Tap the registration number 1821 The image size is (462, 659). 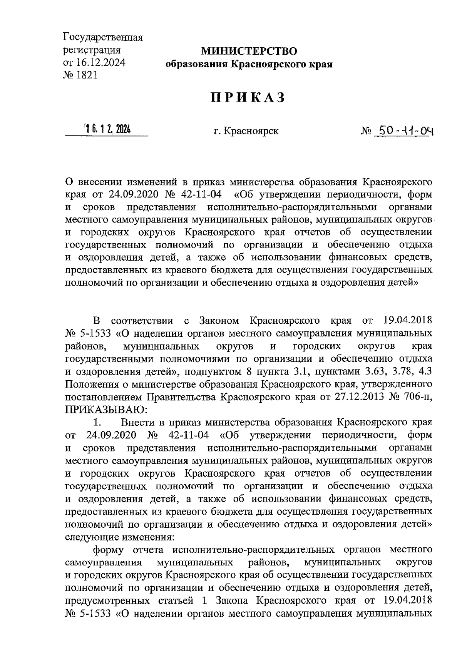pyautogui.click(x=88, y=75)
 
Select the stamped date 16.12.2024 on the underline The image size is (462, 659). pyautogui.click(x=107, y=130)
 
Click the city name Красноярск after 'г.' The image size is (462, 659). pyautogui.click(x=252, y=131)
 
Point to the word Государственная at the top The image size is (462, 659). pyautogui.click(x=103, y=38)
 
